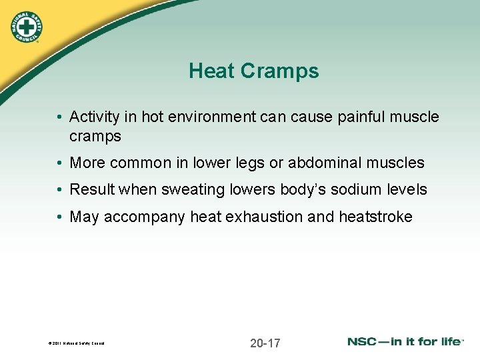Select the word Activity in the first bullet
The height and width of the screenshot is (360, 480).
click(x=94, y=117)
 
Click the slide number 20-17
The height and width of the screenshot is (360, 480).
click(x=265, y=343)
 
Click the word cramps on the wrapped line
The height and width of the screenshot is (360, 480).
click(x=95, y=136)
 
